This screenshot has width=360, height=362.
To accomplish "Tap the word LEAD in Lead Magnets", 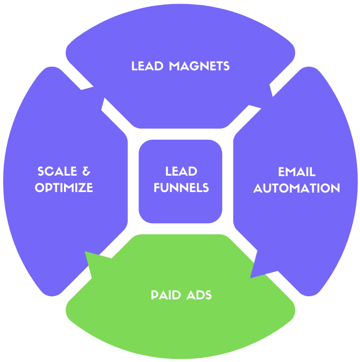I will pyautogui.click(x=148, y=66).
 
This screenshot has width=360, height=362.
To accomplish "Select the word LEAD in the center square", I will pyautogui.click(x=181, y=172).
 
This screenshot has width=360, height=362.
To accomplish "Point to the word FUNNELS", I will pyautogui.click(x=181, y=188).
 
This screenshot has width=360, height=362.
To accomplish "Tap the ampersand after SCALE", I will pyautogui.click(x=87, y=172).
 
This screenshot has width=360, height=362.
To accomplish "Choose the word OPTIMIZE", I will pyautogui.click(x=64, y=188).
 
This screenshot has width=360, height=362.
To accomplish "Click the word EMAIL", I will pyautogui.click(x=296, y=172).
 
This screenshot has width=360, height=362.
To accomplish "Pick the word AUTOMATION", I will pyautogui.click(x=296, y=188).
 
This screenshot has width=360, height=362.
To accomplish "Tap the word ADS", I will pyautogui.click(x=199, y=295).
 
